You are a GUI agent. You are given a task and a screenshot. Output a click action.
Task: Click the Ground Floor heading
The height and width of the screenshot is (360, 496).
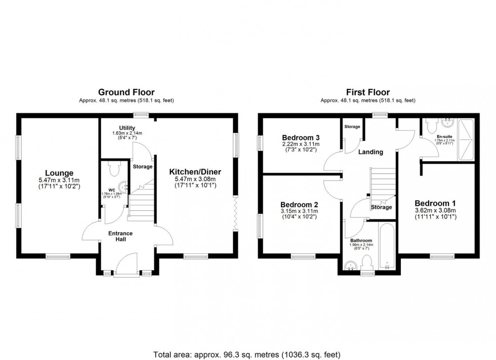[126, 92]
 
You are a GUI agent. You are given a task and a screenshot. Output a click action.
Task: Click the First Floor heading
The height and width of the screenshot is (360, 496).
[368, 92]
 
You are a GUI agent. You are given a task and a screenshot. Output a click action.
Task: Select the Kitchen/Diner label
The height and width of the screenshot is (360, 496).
[195, 172]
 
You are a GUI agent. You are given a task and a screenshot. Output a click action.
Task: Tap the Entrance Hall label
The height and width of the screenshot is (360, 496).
[121, 236]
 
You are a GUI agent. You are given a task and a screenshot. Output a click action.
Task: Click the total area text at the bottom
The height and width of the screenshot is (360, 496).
[247, 354]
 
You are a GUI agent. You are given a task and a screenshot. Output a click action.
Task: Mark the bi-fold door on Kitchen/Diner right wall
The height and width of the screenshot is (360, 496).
[236, 212]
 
